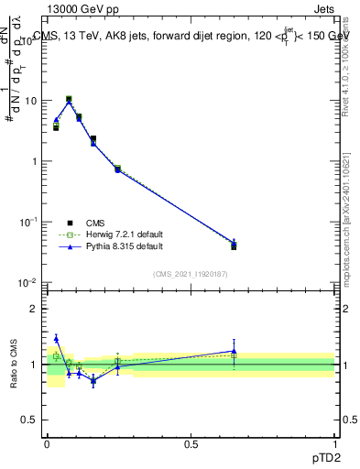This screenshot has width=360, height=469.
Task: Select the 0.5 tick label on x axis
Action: tap(191, 444)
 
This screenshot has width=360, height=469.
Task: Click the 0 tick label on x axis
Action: tap(47, 444)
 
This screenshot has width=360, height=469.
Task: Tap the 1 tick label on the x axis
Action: tap(334, 444)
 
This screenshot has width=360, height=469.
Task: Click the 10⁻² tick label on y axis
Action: tap(28, 283)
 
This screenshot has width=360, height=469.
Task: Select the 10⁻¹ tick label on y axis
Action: tap(28, 223)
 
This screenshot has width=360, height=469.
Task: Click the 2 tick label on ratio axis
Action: tap(35, 309)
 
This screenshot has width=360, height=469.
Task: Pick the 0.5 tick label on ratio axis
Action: tap(30, 421)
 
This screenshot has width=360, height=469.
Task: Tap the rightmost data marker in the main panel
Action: tap(234, 245)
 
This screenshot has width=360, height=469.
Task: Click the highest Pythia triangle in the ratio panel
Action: tap(56, 338)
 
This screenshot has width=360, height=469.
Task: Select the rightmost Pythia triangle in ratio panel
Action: tap(234, 351)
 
